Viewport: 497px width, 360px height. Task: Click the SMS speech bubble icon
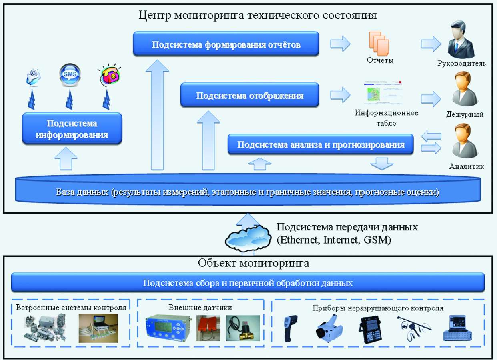(x=70, y=74)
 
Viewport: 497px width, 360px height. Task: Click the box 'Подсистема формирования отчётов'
(x=226, y=44)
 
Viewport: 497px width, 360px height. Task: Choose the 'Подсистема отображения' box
(x=250, y=95)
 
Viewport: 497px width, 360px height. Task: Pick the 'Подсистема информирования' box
(x=72, y=128)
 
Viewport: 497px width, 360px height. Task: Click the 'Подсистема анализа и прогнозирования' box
(x=321, y=144)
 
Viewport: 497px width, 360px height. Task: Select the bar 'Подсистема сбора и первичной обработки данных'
(x=248, y=283)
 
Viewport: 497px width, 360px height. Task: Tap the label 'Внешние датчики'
(x=200, y=308)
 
